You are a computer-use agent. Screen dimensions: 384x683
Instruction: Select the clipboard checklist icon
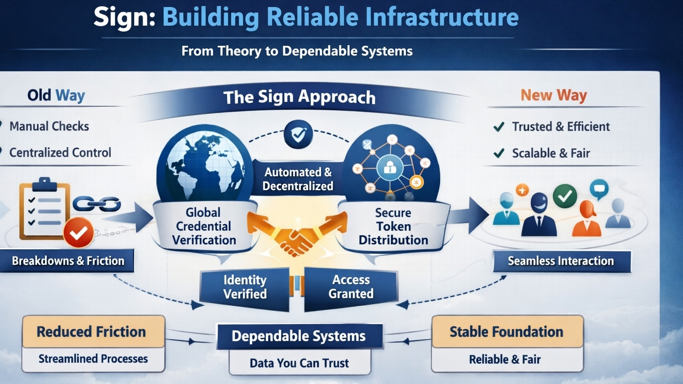[44, 209]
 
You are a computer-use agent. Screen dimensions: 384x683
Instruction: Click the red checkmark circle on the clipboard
[79, 232]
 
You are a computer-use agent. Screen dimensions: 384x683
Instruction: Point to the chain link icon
[97, 204]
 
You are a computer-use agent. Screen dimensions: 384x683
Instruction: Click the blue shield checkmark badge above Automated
[298, 134]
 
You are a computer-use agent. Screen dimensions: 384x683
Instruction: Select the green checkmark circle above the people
[565, 196]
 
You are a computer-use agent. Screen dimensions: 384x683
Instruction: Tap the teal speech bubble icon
[599, 189]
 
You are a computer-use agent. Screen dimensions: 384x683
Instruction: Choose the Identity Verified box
[245, 287]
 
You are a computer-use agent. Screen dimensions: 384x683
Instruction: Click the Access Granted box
[351, 287]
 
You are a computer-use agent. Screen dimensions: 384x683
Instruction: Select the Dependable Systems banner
[299, 336]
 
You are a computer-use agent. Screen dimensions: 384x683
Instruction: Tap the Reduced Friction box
[92, 332]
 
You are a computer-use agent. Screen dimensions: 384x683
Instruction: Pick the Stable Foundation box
[506, 332]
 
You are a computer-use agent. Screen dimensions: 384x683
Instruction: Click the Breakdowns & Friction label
[68, 261]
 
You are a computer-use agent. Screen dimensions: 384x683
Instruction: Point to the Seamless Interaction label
[561, 261]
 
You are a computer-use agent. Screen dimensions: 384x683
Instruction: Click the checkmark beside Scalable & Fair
[499, 154]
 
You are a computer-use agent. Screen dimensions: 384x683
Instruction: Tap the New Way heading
[554, 95]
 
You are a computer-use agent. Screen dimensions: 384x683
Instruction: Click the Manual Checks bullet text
[49, 126]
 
